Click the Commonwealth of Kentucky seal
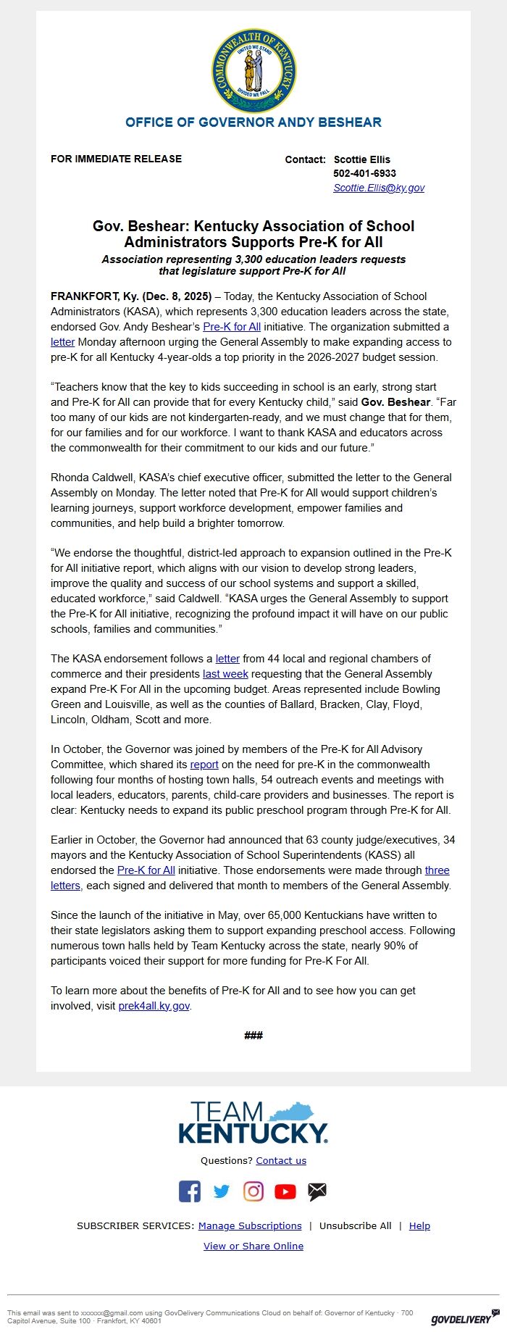(253, 70)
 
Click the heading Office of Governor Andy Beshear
(253, 122)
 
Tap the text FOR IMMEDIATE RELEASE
(116, 159)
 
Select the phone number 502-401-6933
(364, 173)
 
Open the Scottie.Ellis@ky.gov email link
(379, 188)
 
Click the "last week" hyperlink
(225, 674)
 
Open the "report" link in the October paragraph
(204, 765)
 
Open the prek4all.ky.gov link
(154, 1006)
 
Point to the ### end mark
(253, 1035)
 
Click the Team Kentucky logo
(253, 1123)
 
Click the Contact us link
(281, 1160)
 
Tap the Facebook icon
(190, 1191)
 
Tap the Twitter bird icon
(222, 1191)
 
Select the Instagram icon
(253, 1191)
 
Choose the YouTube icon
(285, 1191)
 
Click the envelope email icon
(317, 1191)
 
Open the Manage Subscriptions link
(250, 1225)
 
